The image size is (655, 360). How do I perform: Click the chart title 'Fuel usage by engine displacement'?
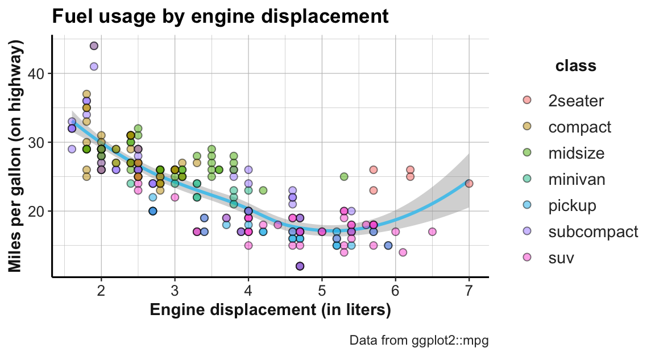[220, 16]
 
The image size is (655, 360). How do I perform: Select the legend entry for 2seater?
[576, 101]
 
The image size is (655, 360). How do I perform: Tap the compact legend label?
[579, 127]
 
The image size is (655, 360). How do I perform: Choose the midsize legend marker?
[527, 153]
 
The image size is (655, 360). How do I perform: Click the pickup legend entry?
[572, 205]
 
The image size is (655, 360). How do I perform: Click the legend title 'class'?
[575, 66]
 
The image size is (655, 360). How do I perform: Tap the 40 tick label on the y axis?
[38, 74]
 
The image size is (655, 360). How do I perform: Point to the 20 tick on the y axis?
[38, 211]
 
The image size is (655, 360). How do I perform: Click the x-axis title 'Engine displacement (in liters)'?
[270, 311]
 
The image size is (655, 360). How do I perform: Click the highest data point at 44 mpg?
[94, 46]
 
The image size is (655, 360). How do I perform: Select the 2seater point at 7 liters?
[469, 183]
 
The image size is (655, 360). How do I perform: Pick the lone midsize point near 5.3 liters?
[344, 176]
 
